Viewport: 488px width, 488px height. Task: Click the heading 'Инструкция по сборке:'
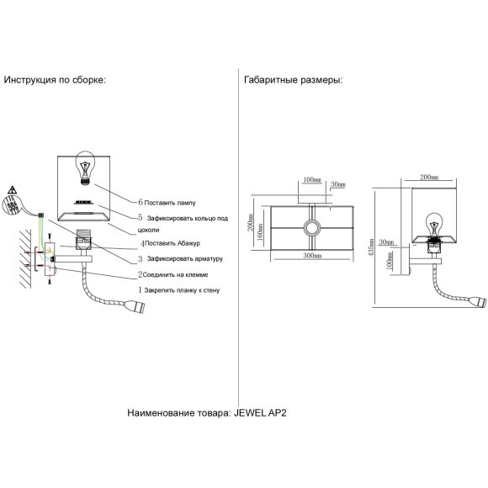pyautogui.click(x=55, y=80)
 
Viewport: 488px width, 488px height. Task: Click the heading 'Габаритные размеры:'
pyautogui.click(x=293, y=80)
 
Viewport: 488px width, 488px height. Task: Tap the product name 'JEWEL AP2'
pyautogui.click(x=260, y=413)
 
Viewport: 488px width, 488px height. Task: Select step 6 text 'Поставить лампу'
pyautogui.click(x=170, y=203)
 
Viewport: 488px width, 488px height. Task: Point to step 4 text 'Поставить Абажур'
pyautogui.click(x=172, y=243)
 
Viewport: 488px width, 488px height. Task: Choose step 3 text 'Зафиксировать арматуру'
pyautogui.click(x=185, y=258)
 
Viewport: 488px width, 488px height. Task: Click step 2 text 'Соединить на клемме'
pyautogui.click(x=175, y=275)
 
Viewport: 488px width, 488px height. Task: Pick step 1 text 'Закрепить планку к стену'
pyautogui.click(x=182, y=290)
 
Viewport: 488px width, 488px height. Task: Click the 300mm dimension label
pyautogui.click(x=312, y=256)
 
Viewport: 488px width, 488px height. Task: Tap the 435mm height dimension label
pyautogui.click(x=371, y=247)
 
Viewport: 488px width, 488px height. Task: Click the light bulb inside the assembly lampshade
pyautogui.click(x=84, y=168)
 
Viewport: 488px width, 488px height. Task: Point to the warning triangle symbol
pyautogui.click(x=12, y=190)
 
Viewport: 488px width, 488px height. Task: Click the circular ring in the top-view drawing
pyautogui.click(x=311, y=228)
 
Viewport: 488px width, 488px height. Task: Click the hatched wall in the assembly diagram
pyautogui.click(x=25, y=259)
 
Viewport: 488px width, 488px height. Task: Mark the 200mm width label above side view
pyautogui.click(x=429, y=177)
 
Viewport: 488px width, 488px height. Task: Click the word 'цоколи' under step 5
pyautogui.click(x=148, y=231)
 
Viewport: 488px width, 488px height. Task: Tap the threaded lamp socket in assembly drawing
pyautogui.click(x=84, y=239)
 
